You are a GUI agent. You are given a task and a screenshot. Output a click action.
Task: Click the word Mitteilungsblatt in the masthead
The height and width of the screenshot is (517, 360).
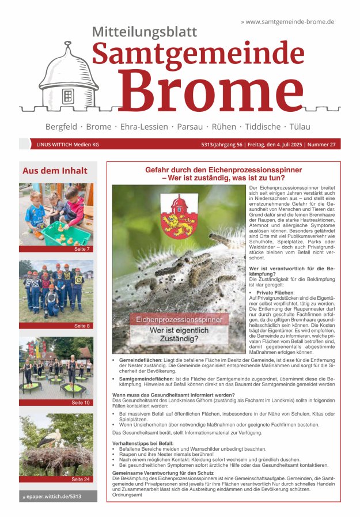click(x=144, y=32)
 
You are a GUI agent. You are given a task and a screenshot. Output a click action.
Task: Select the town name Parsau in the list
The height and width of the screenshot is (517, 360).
click(x=190, y=126)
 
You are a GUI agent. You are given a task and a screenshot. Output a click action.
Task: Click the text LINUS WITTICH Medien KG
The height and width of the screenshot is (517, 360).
click(x=67, y=145)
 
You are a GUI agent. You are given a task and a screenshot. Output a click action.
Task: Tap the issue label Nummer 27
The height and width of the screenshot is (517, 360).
click(x=321, y=145)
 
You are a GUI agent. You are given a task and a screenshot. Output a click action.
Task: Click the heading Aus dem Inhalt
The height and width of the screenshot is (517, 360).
click(x=55, y=171)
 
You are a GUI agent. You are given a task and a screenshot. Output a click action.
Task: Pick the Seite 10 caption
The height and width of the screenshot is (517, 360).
click(x=81, y=402)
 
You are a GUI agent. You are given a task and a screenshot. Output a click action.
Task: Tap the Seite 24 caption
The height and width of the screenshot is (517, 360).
click(x=81, y=479)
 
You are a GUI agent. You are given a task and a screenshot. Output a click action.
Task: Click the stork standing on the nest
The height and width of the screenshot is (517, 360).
click(x=48, y=439)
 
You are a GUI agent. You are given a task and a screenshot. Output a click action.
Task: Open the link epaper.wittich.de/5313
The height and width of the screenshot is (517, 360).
click(x=52, y=496)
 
